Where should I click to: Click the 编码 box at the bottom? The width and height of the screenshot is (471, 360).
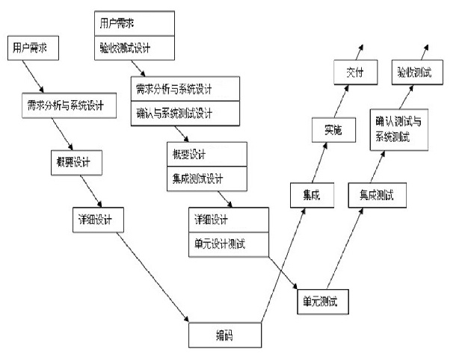tap(224, 335)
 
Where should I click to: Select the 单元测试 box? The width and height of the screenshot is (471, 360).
tap(322, 300)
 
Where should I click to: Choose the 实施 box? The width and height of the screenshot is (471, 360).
tap(333, 130)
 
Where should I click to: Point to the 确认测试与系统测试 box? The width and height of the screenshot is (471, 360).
tap(398, 130)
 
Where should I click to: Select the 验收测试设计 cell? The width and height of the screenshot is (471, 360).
tap(135, 49)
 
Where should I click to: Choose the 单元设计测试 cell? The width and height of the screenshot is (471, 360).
tap(228, 243)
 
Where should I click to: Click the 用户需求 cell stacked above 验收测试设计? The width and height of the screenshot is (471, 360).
tap(135, 23)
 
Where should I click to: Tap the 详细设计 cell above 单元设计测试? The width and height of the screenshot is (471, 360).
tap(228, 220)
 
